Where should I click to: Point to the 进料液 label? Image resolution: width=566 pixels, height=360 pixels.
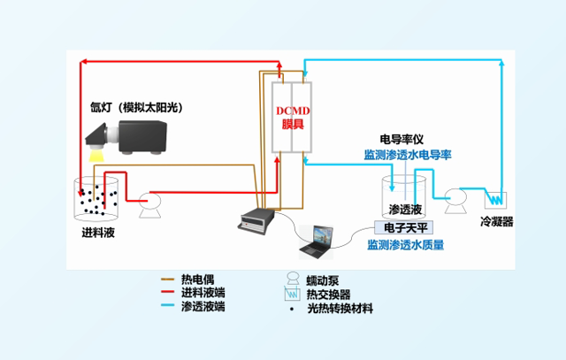click(x=97, y=234)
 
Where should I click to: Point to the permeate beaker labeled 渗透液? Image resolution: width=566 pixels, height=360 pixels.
click(x=405, y=199)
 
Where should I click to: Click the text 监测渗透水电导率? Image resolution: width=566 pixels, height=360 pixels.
click(x=408, y=154)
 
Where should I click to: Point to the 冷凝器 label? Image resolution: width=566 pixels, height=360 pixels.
click(x=496, y=221)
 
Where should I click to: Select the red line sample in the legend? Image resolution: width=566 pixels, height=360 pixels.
click(x=163, y=293)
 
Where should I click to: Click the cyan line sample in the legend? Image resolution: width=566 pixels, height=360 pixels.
click(x=163, y=307)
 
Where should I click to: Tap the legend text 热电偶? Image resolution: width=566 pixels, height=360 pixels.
click(x=196, y=279)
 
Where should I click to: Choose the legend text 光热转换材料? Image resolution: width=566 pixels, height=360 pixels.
click(x=340, y=308)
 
